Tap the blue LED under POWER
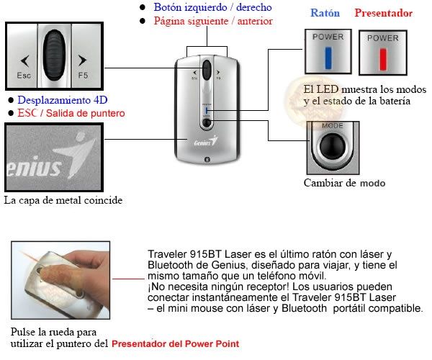[328, 58]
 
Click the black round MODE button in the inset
[333, 147]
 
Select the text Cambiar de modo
[344, 184]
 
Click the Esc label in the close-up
[24, 75]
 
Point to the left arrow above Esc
[24, 60]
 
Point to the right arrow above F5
[81, 60]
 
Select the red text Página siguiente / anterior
[213, 21]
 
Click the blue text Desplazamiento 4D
[62, 100]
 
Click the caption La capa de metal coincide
[62, 199]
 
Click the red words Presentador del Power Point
[175, 344]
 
